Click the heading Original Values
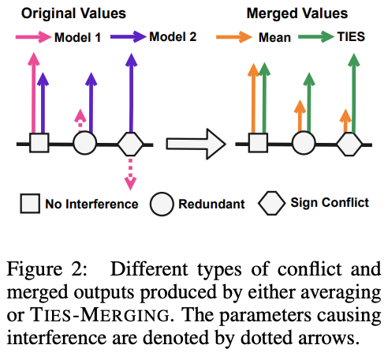pos(73,13)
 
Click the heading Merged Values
pos(297,13)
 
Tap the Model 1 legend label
pos(78,37)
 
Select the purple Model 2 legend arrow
pos(128,36)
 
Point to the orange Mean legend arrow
pos(234,37)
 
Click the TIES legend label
pos(351,36)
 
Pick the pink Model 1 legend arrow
pos(33,37)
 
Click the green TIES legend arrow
pos(316,36)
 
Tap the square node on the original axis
pos(39,143)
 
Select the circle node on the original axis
pos(84,143)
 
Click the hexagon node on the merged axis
pos(349,144)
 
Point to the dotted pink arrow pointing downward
pos(130,174)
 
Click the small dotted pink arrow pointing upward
pos(80,120)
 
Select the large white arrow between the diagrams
pos(196,144)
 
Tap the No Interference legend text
pos(91,204)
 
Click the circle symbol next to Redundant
pos(162,204)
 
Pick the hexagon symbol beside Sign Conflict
pos(271,203)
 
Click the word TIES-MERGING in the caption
pos(100,315)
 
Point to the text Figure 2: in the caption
pos(47,269)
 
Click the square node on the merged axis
pos(258,143)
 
